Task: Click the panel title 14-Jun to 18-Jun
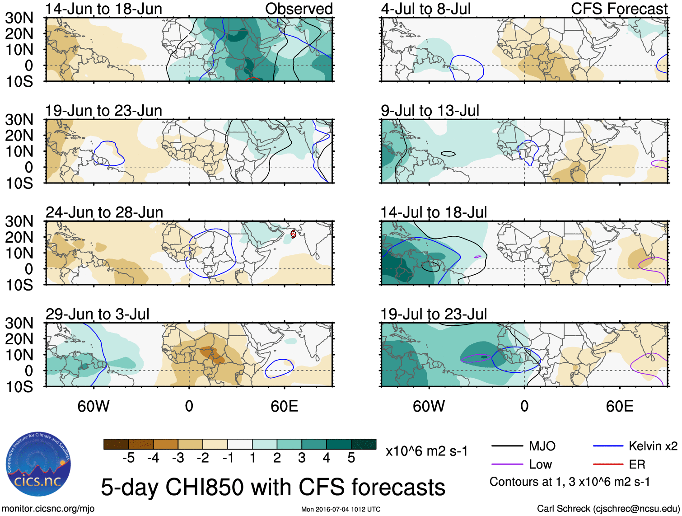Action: tap(103, 9)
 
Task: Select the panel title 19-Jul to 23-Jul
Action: tap(434, 314)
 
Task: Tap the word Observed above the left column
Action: tap(299, 9)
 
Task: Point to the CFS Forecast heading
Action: tap(619, 9)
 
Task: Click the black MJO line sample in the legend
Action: tap(507, 446)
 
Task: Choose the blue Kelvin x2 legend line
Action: tap(608, 446)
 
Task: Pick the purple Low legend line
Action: tap(507, 464)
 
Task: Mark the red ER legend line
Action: tap(608, 464)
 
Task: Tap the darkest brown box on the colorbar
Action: tap(116, 444)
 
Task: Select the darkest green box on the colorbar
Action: tap(364, 444)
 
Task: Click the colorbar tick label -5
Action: tap(128, 458)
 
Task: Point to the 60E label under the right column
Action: tap(619, 406)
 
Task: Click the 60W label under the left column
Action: tap(93, 406)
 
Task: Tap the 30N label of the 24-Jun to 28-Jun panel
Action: tap(19, 221)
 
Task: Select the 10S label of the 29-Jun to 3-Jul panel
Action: tap(19, 387)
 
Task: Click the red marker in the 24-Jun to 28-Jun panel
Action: tap(293, 234)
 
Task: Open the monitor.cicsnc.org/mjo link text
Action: tap(48, 509)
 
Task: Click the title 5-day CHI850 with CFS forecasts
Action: tap(273, 487)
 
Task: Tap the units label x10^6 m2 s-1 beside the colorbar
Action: tap(426, 451)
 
